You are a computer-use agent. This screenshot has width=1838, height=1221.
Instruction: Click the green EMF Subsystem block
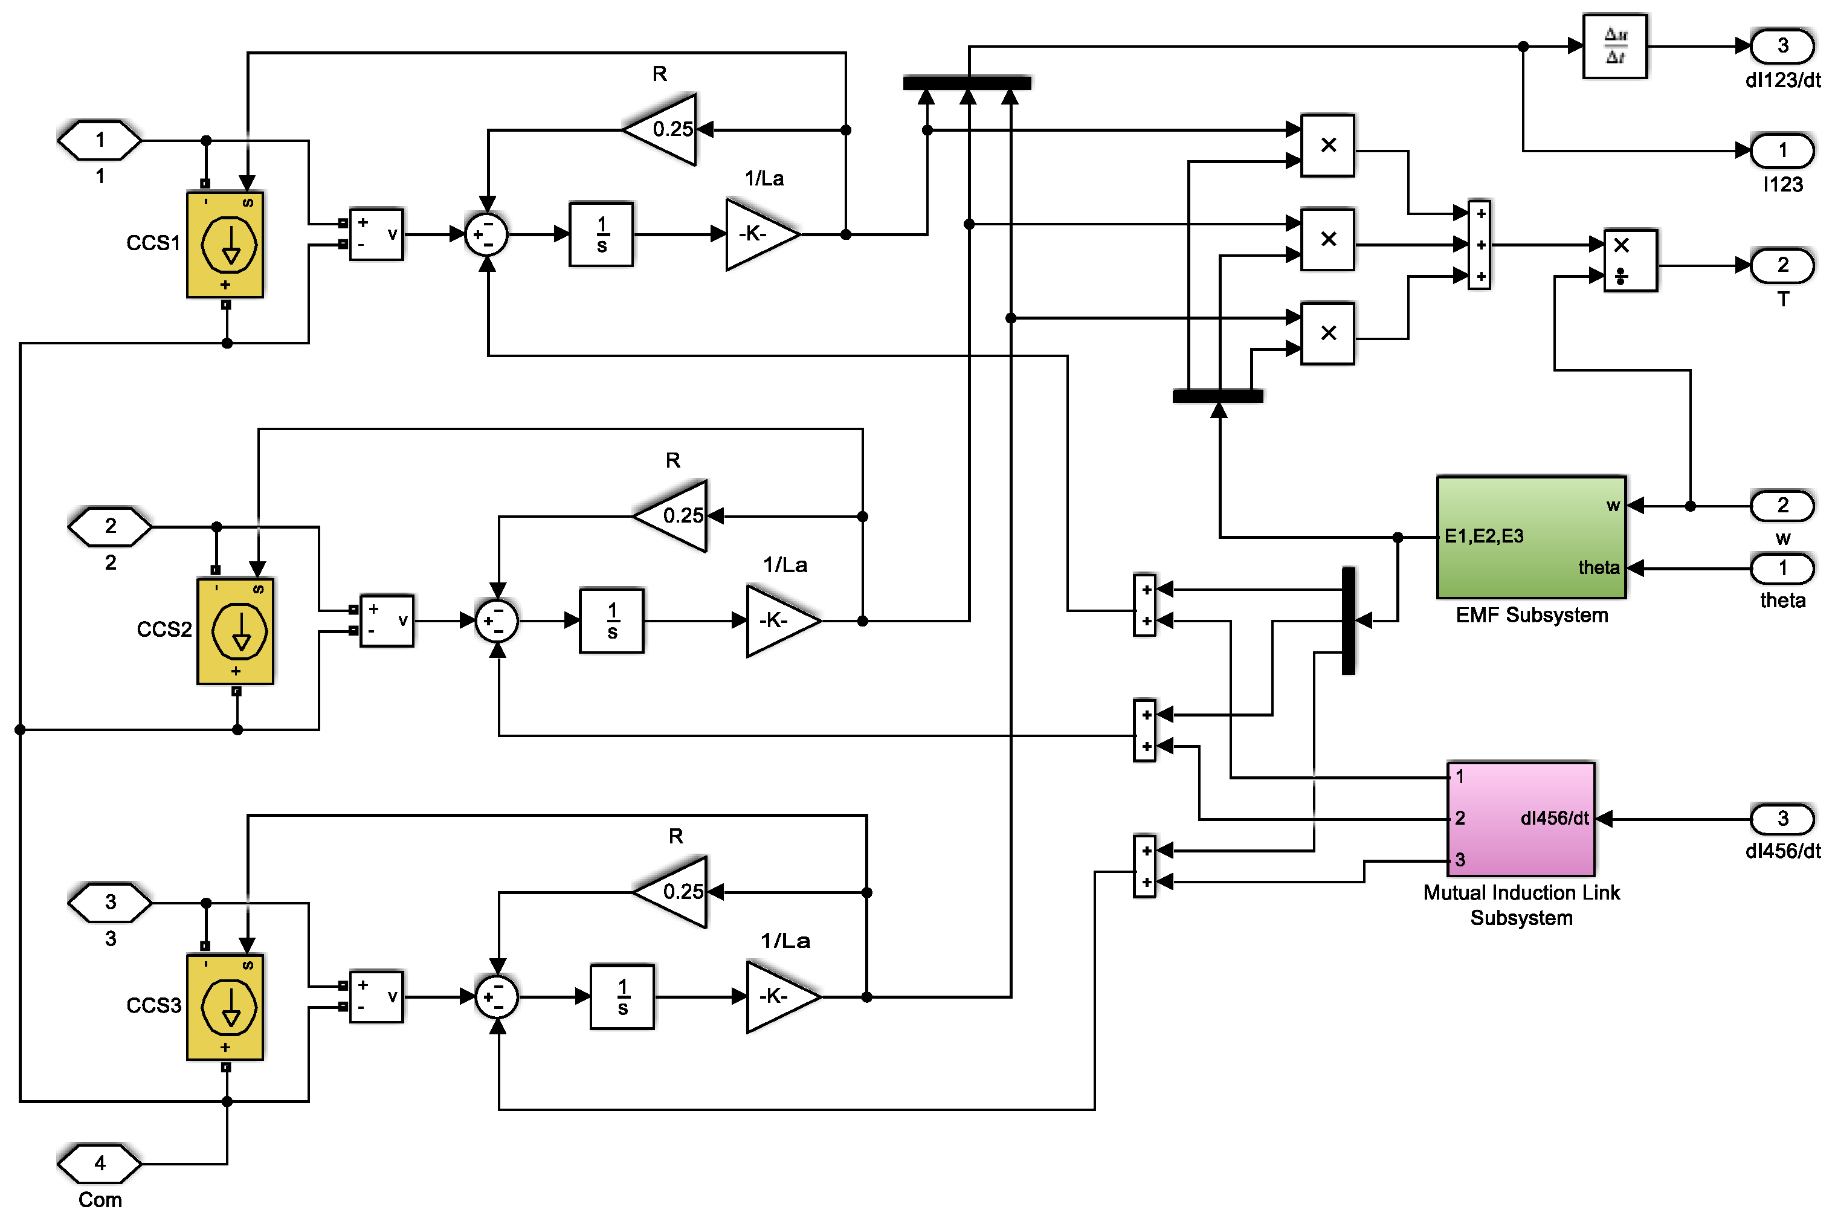[1530, 537]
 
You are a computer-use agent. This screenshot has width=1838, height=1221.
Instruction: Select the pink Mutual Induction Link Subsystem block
[1520, 819]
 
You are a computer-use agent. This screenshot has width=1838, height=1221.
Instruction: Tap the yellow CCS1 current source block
[225, 245]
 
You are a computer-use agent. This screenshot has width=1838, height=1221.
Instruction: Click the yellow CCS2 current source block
[235, 631]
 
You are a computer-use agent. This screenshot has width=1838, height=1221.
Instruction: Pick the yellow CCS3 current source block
[225, 1007]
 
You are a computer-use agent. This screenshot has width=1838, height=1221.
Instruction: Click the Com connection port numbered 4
[100, 1164]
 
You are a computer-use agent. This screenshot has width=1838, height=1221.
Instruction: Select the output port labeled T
[1782, 266]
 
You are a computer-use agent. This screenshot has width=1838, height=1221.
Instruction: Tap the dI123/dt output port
[1782, 46]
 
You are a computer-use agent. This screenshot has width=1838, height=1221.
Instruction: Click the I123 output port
[1782, 151]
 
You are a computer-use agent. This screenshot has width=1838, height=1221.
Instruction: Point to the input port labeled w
[1782, 506]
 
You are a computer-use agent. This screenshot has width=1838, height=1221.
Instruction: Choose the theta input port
[1782, 569]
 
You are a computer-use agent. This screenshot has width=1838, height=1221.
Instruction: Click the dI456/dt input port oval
[1782, 819]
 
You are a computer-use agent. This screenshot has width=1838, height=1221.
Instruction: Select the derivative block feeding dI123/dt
[1614, 46]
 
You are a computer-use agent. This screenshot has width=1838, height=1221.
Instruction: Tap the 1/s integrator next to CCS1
[601, 234]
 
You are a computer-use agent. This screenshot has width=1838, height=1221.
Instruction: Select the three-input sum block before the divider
[1479, 245]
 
